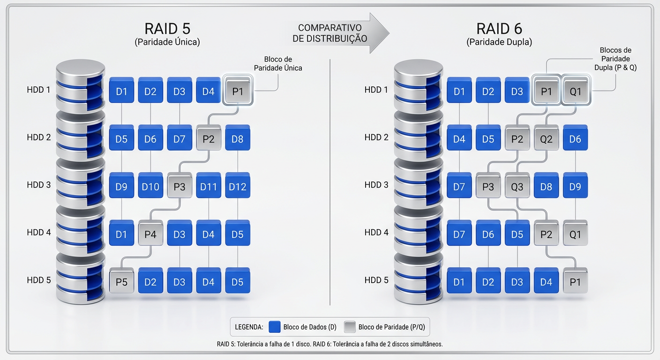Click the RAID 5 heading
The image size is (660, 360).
coord(167,29)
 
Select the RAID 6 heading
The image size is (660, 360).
coord(499,29)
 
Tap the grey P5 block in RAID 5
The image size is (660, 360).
coord(121,282)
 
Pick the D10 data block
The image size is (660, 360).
coord(150,187)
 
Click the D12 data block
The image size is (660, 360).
coord(238,187)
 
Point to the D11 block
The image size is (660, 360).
coord(209,187)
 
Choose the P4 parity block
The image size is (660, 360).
coord(150,234)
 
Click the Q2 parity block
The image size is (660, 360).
coord(546,139)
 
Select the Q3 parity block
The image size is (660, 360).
coord(517,187)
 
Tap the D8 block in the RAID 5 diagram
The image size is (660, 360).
coord(238,139)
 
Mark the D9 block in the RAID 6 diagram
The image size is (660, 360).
coord(575,187)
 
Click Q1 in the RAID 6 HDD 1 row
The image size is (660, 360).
coord(575,91)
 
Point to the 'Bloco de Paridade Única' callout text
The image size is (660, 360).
coord(277,64)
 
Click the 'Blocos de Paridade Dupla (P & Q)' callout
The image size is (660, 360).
coord(615,59)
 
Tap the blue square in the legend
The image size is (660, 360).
coord(275,327)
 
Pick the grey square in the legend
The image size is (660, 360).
coord(350,327)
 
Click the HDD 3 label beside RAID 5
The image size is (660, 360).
coord(38,185)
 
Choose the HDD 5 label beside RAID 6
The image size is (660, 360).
coord(376,280)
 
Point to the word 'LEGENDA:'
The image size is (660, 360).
coord(249,327)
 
